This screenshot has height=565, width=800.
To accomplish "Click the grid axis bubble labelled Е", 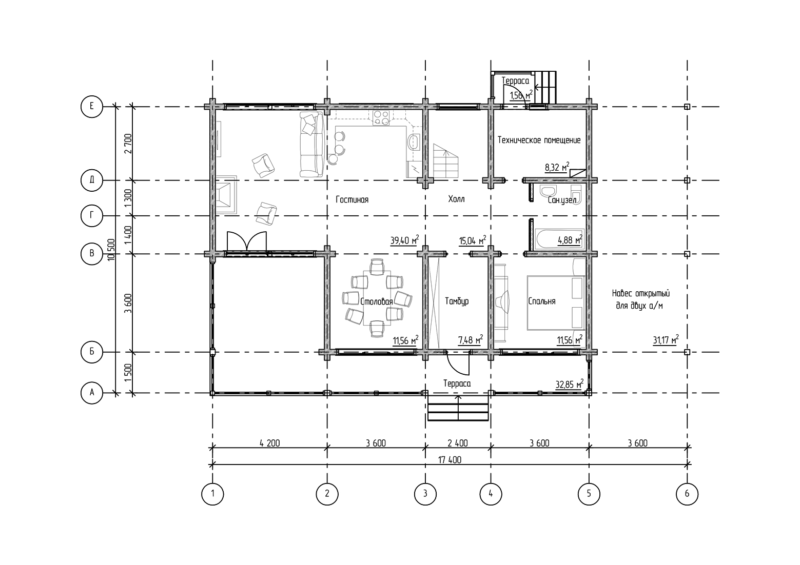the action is coord(92,106).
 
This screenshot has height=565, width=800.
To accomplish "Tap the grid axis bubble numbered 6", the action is coord(687,494).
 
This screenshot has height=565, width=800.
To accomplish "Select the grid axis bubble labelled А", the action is coord(92,393).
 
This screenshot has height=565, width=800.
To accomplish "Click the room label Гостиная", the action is coord(352,199).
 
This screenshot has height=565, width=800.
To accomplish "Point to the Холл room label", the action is coord(456,199).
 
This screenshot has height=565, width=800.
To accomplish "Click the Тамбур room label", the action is coord(457,301).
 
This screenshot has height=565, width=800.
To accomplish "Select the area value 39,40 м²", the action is coord(404,240).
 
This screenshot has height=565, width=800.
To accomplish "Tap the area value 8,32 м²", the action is coord(557,167).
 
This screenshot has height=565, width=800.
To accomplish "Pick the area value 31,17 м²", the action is coord(666,340).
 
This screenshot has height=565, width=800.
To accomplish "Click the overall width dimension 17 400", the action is coord(450,460).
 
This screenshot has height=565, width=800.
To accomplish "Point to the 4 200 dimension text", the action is coord(269,443).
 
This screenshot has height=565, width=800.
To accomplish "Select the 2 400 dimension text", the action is coord(458,443).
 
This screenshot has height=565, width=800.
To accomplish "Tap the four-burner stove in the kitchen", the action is coord(381,118).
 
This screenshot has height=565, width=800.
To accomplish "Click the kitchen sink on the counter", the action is coord(414,142).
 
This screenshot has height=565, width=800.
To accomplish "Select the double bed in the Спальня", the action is coord(556,302).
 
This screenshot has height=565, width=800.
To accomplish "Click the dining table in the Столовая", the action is coord(377,298).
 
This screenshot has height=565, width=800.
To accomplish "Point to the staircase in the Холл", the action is coord(446,162).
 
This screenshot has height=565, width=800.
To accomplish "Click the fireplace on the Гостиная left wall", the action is coord(226,194).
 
